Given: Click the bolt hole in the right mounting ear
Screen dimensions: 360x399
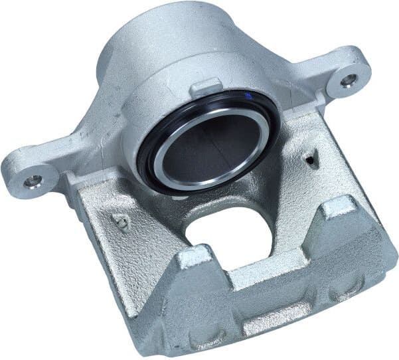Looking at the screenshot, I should pos(349,80).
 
